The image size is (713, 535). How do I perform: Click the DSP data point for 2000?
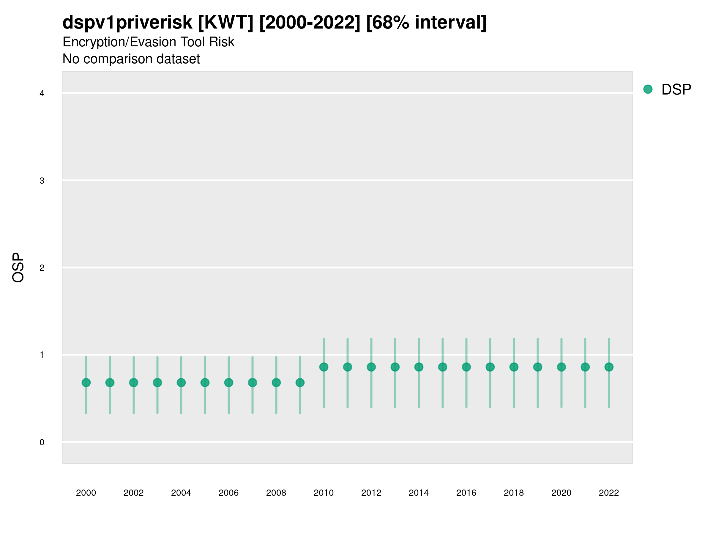click(x=86, y=383)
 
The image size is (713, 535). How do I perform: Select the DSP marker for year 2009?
click(x=300, y=383)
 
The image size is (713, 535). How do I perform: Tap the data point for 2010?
click(x=324, y=367)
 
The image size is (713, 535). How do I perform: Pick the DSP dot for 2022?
click(x=609, y=367)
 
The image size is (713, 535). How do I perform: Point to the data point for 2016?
click(x=466, y=367)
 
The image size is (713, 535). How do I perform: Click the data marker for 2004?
click(x=181, y=383)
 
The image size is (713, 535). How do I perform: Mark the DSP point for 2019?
click(x=538, y=367)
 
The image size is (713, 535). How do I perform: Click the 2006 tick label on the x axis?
click(x=228, y=493)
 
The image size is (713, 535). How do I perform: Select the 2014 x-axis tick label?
click(x=419, y=493)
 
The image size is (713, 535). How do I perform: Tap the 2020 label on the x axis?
click(x=561, y=493)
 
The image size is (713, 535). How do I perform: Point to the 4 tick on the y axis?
click(x=42, y=94)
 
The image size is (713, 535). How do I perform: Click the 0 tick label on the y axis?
click(x=42, y=442)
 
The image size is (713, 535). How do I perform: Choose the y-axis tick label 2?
click(x=42, y=268)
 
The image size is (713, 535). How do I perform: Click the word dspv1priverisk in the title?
click(x=127, y=22)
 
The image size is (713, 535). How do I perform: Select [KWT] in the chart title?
click(x=225, y=22)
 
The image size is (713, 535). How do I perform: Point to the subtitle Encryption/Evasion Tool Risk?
click(x=148, y=42)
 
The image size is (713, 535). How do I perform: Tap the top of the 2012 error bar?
click(x=371, y=339)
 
